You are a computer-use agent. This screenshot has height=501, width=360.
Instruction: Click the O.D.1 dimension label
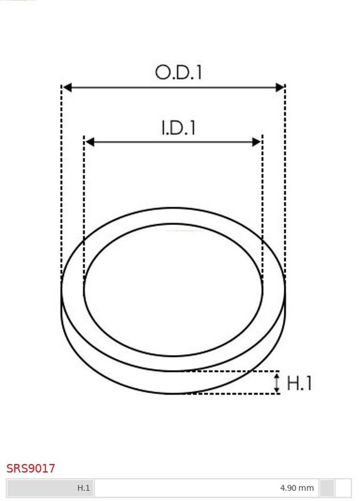(x=178, y=72)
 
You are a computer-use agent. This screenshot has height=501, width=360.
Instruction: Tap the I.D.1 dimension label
(x=178, y=128)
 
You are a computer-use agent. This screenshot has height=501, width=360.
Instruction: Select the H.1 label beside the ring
(x=299, y=383)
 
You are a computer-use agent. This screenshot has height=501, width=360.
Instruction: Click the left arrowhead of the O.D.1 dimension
(x=67, y=87)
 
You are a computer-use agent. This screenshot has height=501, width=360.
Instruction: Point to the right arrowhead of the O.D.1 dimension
(x=279, y=87)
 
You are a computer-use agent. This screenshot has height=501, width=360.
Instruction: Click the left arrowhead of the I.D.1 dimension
(x=90, y=142)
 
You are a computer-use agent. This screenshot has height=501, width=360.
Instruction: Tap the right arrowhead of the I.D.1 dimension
(x=257, y=142)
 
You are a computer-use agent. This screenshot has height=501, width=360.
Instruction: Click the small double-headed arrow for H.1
(x=277, y=383)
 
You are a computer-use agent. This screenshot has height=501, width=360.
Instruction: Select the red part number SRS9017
(x=31, y=468)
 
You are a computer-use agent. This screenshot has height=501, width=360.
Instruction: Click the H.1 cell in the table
(x=83, y=488)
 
